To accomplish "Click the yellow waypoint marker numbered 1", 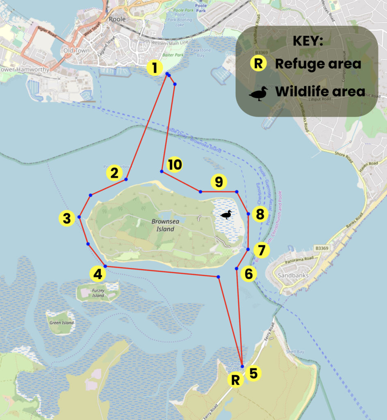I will pyautogui.click(x=155, y=68).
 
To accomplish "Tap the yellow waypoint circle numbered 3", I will pyautogui.click(x=67, y=218).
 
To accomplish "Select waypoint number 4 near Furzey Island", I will pyautogui.click(x=97, y=274).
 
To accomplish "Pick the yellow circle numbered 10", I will pyautogui.click(x=175, y=165).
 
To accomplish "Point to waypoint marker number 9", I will pyautogui.click(x=219, y=181).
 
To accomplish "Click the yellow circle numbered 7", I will pyautogui.click(x=262, y=250).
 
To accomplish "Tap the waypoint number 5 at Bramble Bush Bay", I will pyautogui.click(x=253, y=373).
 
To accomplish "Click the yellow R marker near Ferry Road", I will pyautogui.click(x=235, y=380).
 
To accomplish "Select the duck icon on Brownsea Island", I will pyautogui.click(x=226, y=215).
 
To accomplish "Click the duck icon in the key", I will pyautogui.click(x=258, y=94).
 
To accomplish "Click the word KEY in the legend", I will pyautogui.click(x=308, y=41).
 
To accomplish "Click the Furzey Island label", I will pyautogui.click(x=98, y=293).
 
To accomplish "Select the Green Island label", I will pyautogui.click(x=61, y=323).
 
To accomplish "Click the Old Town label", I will pyautogui.click(x=73, y=51).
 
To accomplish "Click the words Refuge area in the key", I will pyautogui.click(x=318, y=64).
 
